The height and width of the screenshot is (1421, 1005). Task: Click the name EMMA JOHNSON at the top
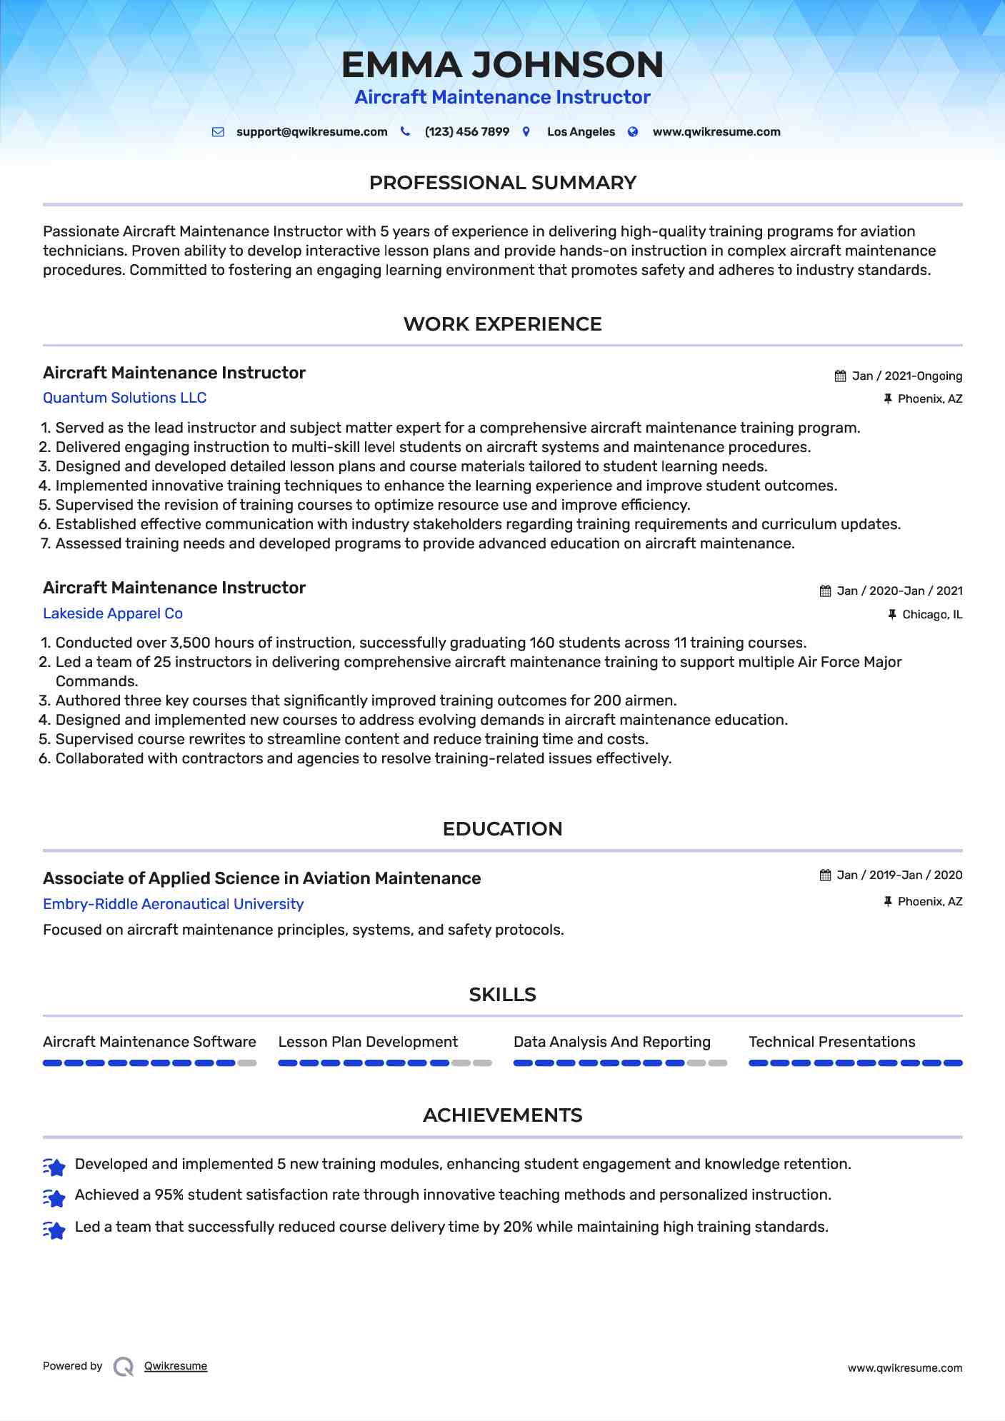point(502,65)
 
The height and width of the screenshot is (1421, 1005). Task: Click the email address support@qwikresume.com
point(311,132)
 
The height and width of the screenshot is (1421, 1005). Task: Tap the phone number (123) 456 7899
point(466,132)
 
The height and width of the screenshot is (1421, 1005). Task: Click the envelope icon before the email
point(219,132)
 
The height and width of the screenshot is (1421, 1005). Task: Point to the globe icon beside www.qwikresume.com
point(633,132)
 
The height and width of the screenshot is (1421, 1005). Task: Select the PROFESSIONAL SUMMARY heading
point(502,183)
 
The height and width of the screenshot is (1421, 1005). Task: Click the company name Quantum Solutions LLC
point(124,398)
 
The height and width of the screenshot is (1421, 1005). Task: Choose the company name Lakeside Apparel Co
point(113,613)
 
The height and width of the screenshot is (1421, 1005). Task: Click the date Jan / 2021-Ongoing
point(906,376)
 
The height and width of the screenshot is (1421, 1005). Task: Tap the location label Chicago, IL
point(931,615)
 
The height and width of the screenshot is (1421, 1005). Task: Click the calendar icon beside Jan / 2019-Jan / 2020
point(825,875)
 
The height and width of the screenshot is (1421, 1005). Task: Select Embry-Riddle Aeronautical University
point(173,904)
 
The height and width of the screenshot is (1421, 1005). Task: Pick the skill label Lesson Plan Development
point(368,1042)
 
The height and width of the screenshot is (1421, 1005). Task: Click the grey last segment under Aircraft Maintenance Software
point(247,1063)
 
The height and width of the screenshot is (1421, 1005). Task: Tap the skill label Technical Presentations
point(831,1042)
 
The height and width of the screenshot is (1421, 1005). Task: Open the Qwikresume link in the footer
point(176,1366)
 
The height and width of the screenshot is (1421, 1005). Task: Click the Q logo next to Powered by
point(124,1367)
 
